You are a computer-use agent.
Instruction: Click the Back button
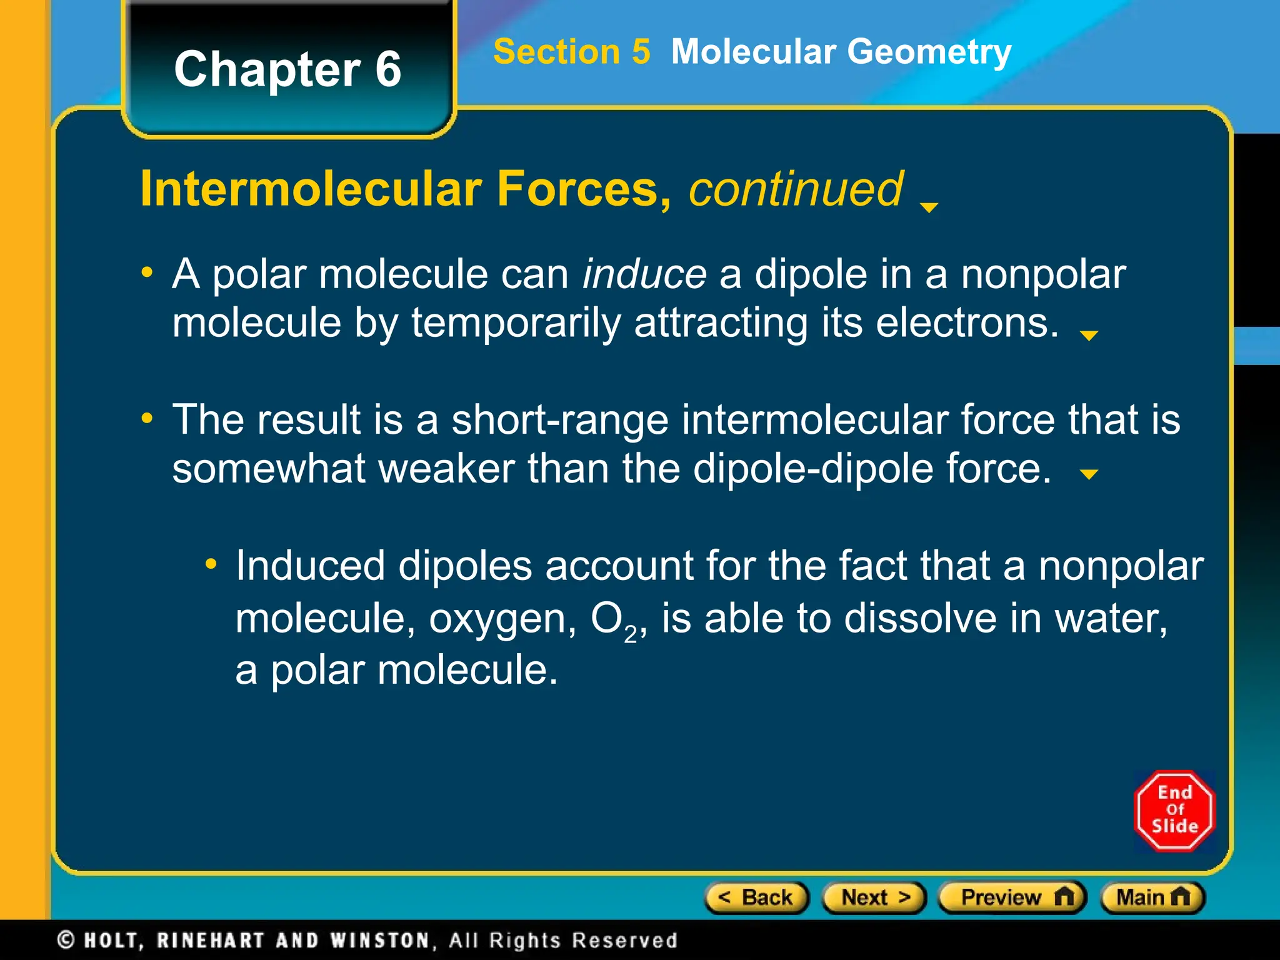pos(756,897)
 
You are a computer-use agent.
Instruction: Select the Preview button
pos(1012,897)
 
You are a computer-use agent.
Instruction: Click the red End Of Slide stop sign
pos(1174,811)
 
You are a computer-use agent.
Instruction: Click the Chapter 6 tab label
pos(287,69)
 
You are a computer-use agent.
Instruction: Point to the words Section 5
pos(571,51)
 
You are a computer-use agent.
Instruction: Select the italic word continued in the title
pos(795,189)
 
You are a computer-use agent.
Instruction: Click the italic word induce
pos(644,275)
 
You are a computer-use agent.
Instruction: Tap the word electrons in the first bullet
pos(967,324)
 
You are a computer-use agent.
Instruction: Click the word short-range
pos(560,419)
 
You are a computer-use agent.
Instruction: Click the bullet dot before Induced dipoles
pos(211,565)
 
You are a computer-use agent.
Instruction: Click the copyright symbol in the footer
pos(66,940)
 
